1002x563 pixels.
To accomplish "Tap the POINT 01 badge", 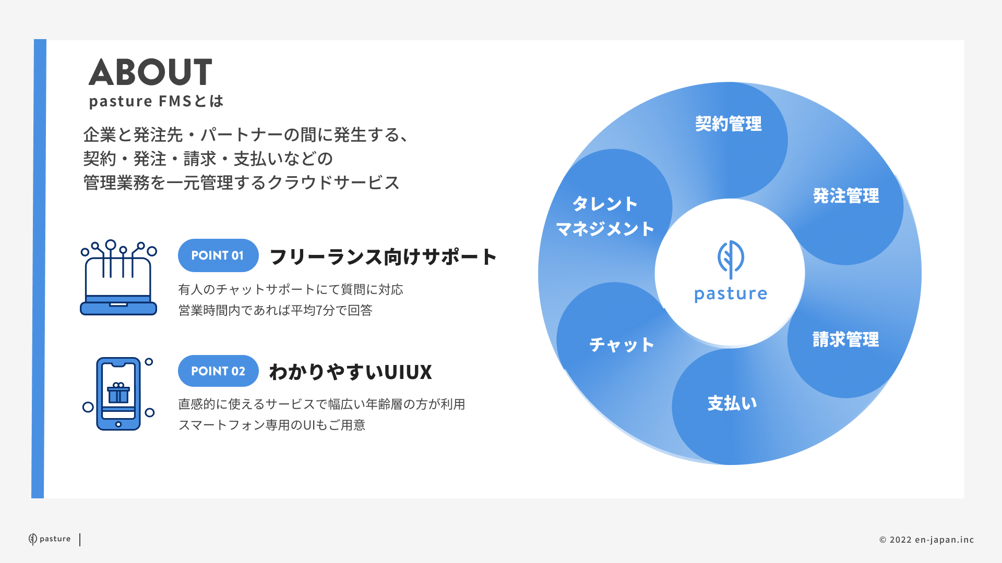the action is coord(218,255).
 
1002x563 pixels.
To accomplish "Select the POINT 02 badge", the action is coord(218,371).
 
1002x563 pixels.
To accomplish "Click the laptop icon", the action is coord(118,277).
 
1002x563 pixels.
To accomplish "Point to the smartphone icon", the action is coord(118,394).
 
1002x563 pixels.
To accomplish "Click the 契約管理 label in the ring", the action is coord(728,124).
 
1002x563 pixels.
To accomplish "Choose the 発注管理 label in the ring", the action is coord(846,196).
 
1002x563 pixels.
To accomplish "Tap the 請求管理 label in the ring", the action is coord(846,340).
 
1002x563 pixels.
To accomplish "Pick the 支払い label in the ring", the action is coord(732,403).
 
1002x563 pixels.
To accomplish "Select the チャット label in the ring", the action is coord(622,345).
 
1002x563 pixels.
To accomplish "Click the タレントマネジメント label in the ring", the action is coord(605,216).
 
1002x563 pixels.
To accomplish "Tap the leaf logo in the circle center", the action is coord(731,259).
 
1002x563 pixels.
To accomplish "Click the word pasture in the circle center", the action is coord(731,295).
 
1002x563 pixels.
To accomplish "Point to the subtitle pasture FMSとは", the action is coord(156,101).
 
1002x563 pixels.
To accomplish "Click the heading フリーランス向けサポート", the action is coord(383,256).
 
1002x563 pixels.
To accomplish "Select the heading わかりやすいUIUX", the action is coord(351,372).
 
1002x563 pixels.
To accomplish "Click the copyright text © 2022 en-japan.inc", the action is coord(927,540).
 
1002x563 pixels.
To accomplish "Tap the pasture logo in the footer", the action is coord(50,539).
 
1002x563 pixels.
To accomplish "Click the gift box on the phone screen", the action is coord(118,393).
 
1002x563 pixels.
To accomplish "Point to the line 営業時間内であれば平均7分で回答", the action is coord(276,311).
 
